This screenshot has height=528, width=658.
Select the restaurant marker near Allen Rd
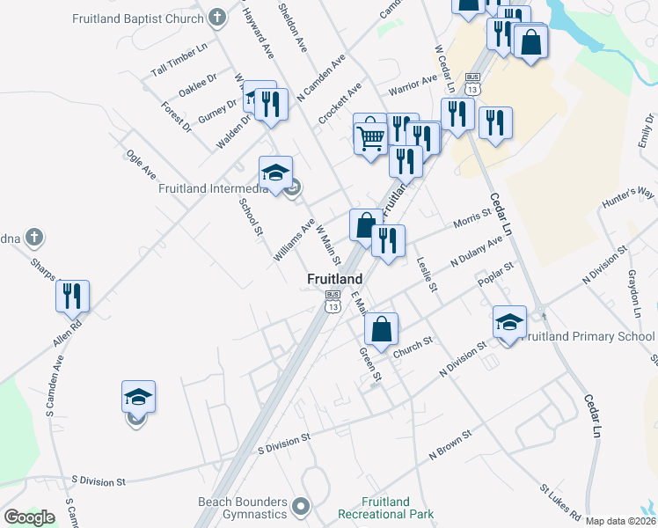tap(72, 296)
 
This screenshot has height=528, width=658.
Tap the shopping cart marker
tap(370, 136)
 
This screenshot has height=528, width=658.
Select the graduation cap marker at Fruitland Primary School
tap(509, 322)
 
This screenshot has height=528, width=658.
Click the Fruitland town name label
tap(334, 279)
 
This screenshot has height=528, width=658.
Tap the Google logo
tap(29, 517)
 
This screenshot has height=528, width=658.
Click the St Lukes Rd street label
tap(560, 501)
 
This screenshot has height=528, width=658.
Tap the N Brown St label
tap(450, 444)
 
